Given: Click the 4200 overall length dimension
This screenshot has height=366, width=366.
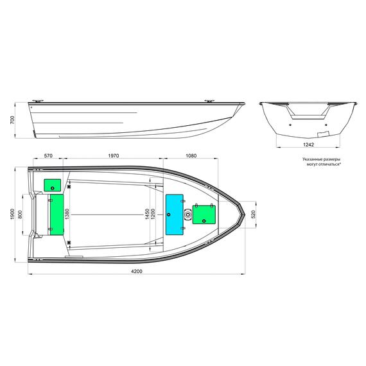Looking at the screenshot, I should (136, 272).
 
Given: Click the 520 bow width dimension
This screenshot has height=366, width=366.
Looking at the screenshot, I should (253, 214).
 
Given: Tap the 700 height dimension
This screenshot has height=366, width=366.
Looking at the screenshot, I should (12, 120).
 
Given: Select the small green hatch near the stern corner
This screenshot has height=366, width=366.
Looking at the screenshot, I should (52, 185).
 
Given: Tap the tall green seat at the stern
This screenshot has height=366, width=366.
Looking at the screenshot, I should (57, 213).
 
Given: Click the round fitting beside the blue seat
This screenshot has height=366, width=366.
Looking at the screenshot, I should (187, 214).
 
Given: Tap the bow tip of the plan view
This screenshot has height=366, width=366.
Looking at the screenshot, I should (245, 214).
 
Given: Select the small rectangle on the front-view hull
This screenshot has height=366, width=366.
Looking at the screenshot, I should (329, 134).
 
